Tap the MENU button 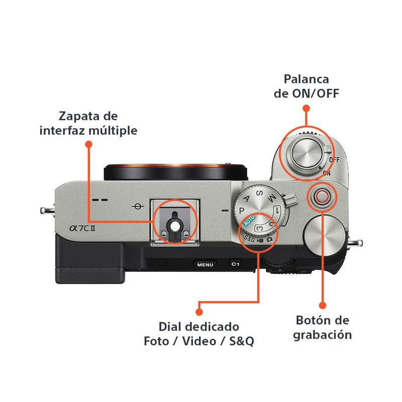(x=205, y=264)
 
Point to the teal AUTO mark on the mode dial (x=249, y=222)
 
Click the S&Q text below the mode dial (x=250, y=238)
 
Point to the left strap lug (x=46, y=209)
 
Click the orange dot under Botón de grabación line (x=323, y=305)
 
